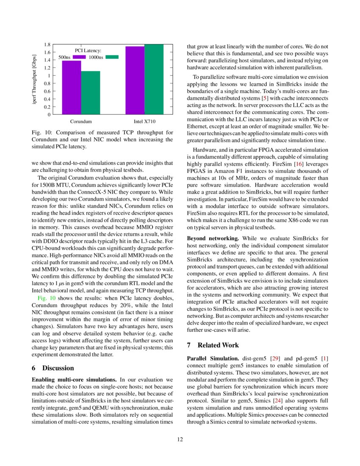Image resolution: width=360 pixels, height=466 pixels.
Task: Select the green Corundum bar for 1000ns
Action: [x=91, y=92]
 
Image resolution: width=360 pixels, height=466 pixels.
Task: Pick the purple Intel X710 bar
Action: [x=135, y=80]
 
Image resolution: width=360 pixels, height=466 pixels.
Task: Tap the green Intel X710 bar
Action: [x=154, y=79]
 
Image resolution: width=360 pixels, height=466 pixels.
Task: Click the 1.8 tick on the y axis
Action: [x=48, y=44]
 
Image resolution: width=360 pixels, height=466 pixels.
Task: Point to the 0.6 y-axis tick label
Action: [x=48, y=91]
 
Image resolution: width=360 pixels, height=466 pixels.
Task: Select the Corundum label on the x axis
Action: [x=81, y=122]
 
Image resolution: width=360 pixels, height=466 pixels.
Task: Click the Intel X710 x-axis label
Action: [x=144, y=122]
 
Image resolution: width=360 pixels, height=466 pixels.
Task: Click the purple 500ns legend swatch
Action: [x=79, y=57]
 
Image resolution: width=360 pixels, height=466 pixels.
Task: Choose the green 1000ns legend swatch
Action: [x=112, y=57]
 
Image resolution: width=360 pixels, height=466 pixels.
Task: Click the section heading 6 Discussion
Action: [x=53, y=368]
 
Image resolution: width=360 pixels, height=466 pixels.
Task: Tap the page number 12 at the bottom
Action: [x=180, y=439]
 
